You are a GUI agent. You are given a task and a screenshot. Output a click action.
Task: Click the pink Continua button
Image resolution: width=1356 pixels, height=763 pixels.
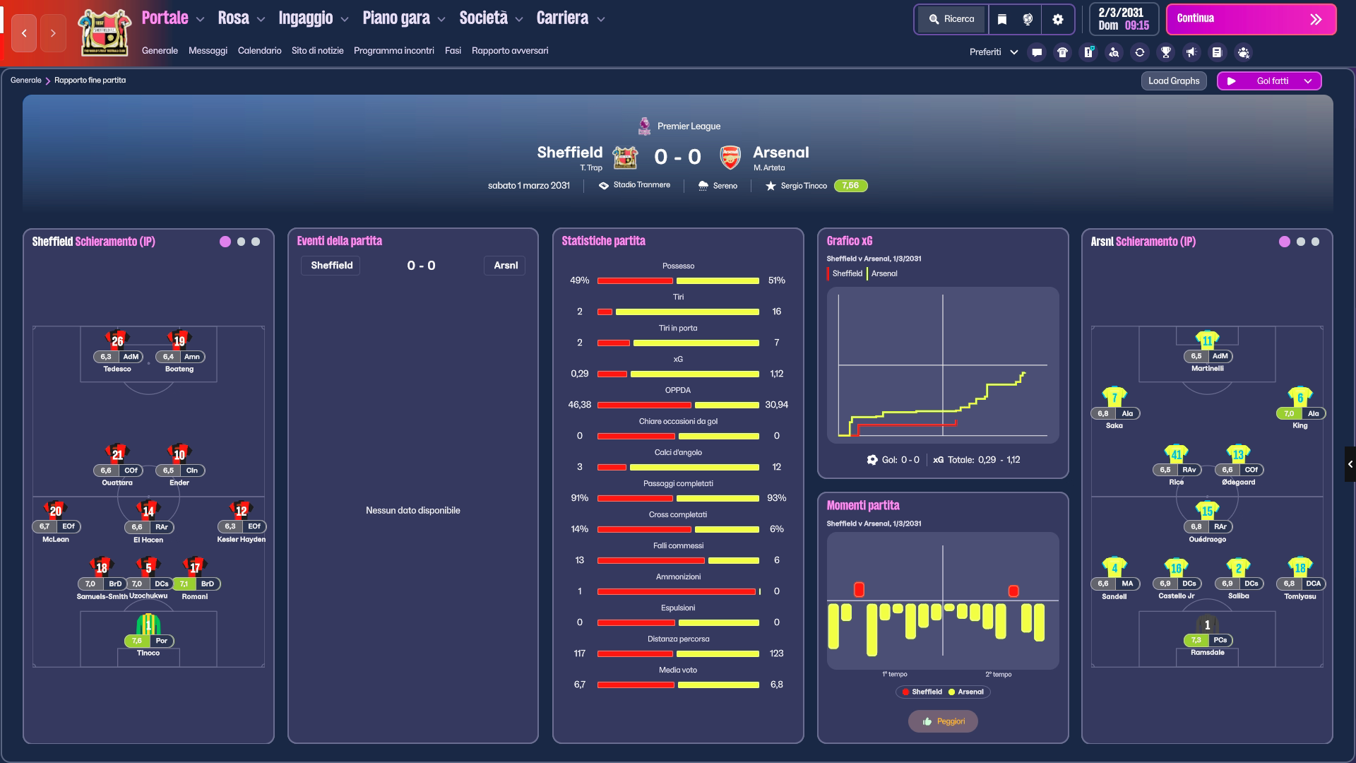(x=1251, y=19)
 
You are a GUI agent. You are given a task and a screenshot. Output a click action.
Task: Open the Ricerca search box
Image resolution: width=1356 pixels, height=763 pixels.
(x=951, y=19)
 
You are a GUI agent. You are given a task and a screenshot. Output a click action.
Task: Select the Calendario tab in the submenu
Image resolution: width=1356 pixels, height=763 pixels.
(x=259, y=51)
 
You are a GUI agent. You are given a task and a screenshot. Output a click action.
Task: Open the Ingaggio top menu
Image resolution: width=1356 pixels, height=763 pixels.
(x=314, y=18)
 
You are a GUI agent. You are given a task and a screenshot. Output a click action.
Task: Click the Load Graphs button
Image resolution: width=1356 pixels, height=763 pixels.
(x=1174, y=81)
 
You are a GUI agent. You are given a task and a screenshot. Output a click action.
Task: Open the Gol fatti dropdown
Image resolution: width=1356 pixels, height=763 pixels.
(x=1269, y=81)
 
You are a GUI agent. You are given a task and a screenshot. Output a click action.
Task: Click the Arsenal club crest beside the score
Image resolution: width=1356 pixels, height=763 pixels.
(x=730, y=157)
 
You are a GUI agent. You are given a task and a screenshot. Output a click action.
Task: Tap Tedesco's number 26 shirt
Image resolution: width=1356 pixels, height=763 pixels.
(x=117, y=340)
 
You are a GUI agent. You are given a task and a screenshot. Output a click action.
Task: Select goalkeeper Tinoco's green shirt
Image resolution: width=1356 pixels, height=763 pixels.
(x=148, y=625)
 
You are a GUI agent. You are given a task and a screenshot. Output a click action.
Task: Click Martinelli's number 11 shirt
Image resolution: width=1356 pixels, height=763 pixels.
(x=1207, y=340)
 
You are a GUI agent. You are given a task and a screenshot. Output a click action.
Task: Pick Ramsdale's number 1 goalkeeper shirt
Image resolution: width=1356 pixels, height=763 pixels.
(x=1207, y=625)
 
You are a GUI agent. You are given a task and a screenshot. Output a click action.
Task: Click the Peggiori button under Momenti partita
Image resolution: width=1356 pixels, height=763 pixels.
(x=943, y=721)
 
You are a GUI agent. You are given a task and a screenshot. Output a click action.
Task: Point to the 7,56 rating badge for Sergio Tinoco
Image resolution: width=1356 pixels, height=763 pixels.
(x=850, y=186)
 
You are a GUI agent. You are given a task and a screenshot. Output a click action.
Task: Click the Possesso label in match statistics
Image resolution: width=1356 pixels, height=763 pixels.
(x=678, y=266)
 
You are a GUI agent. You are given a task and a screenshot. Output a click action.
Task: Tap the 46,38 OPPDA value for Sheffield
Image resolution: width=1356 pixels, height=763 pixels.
(x=579, y=405)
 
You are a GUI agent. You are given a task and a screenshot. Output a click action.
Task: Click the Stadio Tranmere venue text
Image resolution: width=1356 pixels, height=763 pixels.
(x=641, y=185)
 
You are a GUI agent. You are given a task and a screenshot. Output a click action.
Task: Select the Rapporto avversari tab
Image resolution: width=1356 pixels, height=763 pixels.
(x=510, y=51)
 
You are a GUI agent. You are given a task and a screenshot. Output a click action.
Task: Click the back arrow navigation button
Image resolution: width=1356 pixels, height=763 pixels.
(x=24, y=33)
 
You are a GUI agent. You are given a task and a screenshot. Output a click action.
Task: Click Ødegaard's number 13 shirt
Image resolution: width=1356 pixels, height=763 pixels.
(x=1238, y=454)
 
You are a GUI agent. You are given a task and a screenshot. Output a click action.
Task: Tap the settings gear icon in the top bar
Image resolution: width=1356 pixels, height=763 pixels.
(x=1057, y=19)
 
